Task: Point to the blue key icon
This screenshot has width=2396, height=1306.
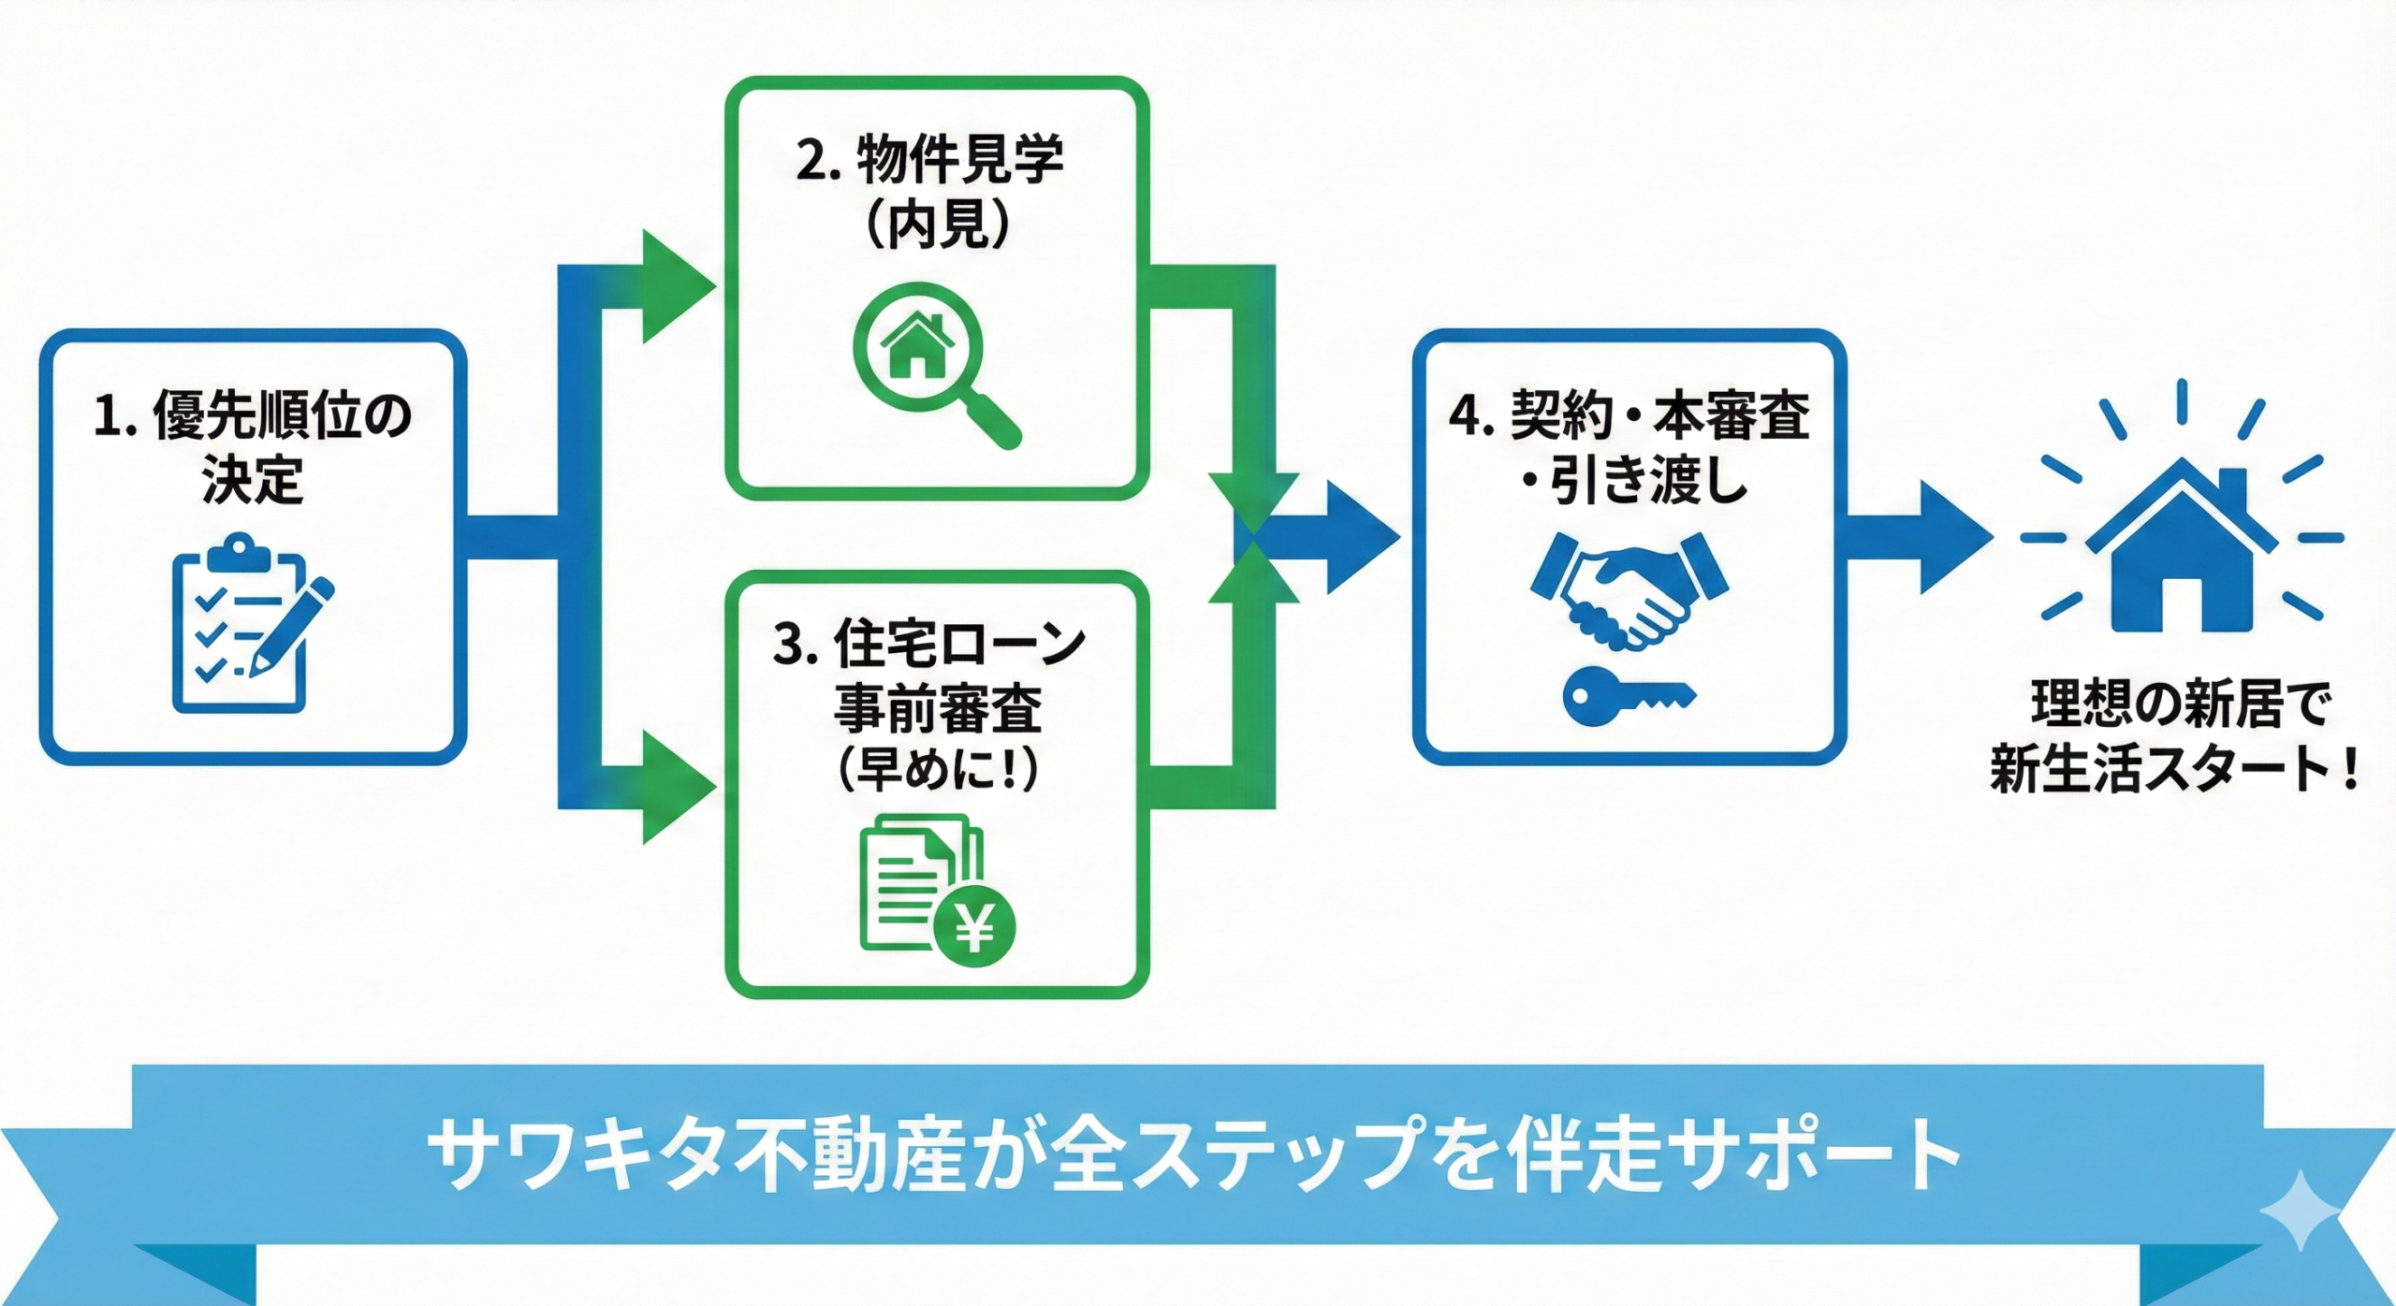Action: (x=1629, y=696)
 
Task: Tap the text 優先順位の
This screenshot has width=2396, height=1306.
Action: (x=281, y=415)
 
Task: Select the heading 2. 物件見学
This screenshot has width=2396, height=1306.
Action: (x=929, y=159)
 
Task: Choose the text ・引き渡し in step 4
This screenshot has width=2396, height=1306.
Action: (x=1632, y=481)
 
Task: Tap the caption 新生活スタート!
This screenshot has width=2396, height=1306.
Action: (x=2171, y=770)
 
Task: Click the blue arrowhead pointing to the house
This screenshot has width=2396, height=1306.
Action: (x=1954, y=537)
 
